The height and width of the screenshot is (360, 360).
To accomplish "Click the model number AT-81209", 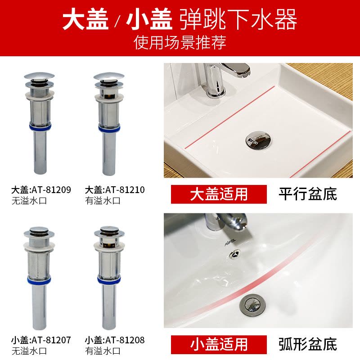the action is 51,190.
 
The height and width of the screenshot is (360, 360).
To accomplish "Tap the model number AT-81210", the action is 125,190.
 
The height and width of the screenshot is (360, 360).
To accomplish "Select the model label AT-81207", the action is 51,340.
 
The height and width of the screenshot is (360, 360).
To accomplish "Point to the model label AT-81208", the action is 125,340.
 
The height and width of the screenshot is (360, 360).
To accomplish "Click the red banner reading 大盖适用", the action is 219,194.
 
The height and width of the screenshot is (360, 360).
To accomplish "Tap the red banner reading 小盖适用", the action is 219,345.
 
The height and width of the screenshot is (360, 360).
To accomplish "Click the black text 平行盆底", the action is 308,194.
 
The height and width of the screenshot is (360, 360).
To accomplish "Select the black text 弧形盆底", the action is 308,344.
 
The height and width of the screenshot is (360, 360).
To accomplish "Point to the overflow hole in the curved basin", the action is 235,254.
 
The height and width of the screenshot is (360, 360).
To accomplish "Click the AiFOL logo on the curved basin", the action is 230,242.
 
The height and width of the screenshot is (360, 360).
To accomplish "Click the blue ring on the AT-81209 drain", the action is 40,127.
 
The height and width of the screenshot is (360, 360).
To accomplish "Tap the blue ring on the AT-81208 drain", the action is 109,279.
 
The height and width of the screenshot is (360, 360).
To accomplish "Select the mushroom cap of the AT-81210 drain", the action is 109,76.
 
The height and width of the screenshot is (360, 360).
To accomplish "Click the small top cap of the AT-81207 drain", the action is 39,229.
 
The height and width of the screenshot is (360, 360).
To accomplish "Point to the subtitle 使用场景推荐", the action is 180,42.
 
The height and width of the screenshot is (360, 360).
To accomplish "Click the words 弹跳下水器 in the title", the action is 238,19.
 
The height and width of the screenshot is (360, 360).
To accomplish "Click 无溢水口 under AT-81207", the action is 29,351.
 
